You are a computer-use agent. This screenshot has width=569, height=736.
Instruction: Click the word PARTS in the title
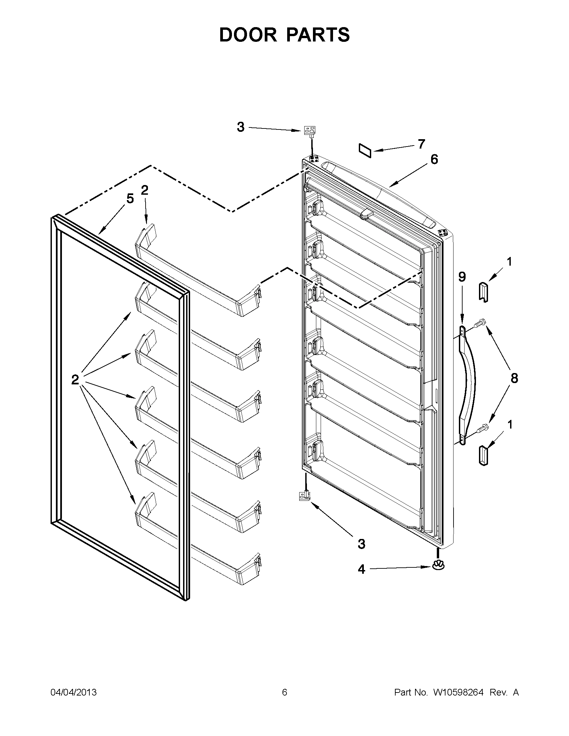click(x=319, y=35)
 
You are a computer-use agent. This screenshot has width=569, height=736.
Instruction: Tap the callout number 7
click(x=421, y=144)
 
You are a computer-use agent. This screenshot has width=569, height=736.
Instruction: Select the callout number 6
click(x=434, y=159)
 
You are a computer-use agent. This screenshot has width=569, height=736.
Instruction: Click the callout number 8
click(x=514, y=378)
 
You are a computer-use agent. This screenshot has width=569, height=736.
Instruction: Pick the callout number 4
click(x=361, y=569)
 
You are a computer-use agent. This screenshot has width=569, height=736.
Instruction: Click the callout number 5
click(x=130, y=199)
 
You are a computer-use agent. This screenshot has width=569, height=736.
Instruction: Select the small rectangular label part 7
click(x=365, y=151)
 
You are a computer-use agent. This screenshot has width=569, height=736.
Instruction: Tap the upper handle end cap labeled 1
click(x=483, y=291)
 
